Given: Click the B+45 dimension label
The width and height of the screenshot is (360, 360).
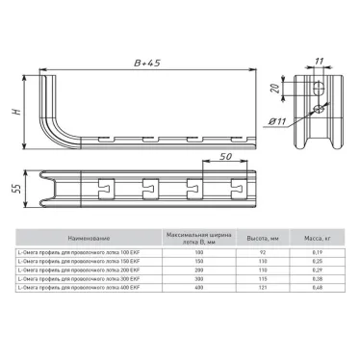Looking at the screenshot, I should pos(148,64).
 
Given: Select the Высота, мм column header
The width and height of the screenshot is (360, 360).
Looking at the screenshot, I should pos(256,236).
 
